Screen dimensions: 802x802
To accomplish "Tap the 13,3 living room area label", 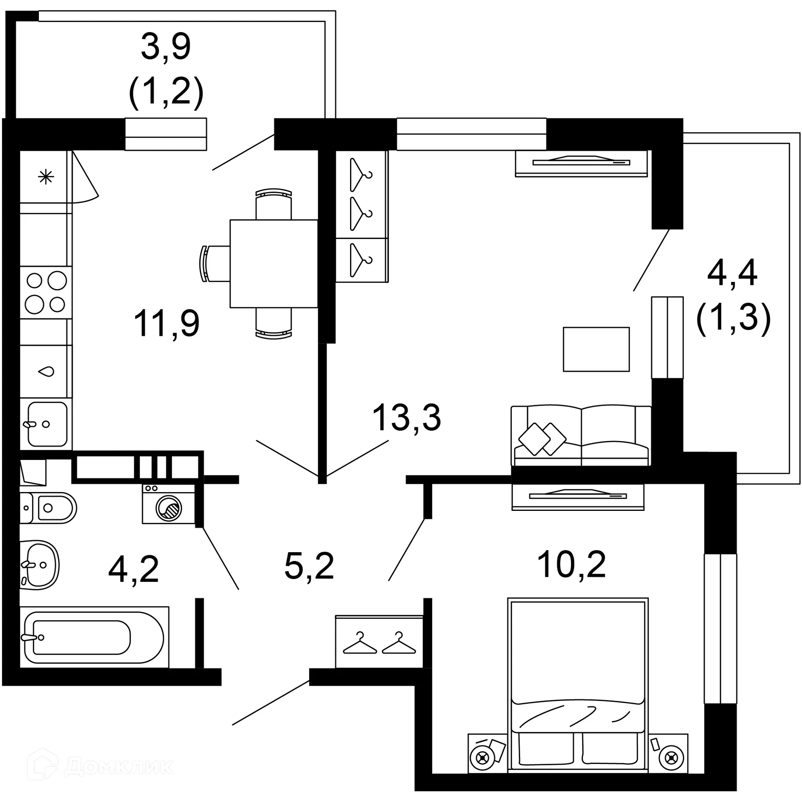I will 406,417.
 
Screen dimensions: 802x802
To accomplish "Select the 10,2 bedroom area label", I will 571,564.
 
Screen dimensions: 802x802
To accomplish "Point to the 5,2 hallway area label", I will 309,566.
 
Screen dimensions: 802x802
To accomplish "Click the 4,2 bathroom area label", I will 134,569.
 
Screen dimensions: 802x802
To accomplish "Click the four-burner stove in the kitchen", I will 46,292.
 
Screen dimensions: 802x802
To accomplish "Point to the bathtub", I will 94,637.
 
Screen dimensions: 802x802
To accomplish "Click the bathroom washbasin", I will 38,565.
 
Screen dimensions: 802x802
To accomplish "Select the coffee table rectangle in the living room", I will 596,349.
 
